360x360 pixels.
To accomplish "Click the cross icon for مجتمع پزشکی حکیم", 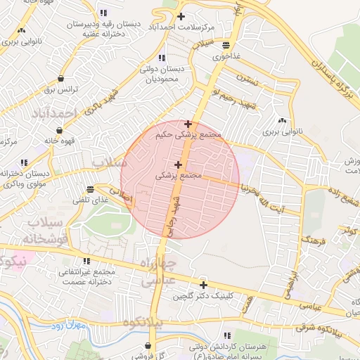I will point(188,124).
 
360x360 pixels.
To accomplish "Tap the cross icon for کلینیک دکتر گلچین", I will point(203,285).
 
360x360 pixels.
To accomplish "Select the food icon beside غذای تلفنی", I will point(90,189).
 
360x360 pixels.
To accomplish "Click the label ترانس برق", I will point(60,90).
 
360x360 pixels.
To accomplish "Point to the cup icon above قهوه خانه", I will point(60,130).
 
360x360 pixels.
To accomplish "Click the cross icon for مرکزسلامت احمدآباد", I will point(181,16).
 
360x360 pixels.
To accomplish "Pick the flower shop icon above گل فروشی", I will point(148,345).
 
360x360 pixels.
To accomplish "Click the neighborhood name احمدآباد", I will point(53,112).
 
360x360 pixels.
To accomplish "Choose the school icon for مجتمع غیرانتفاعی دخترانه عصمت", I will point(87,262).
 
